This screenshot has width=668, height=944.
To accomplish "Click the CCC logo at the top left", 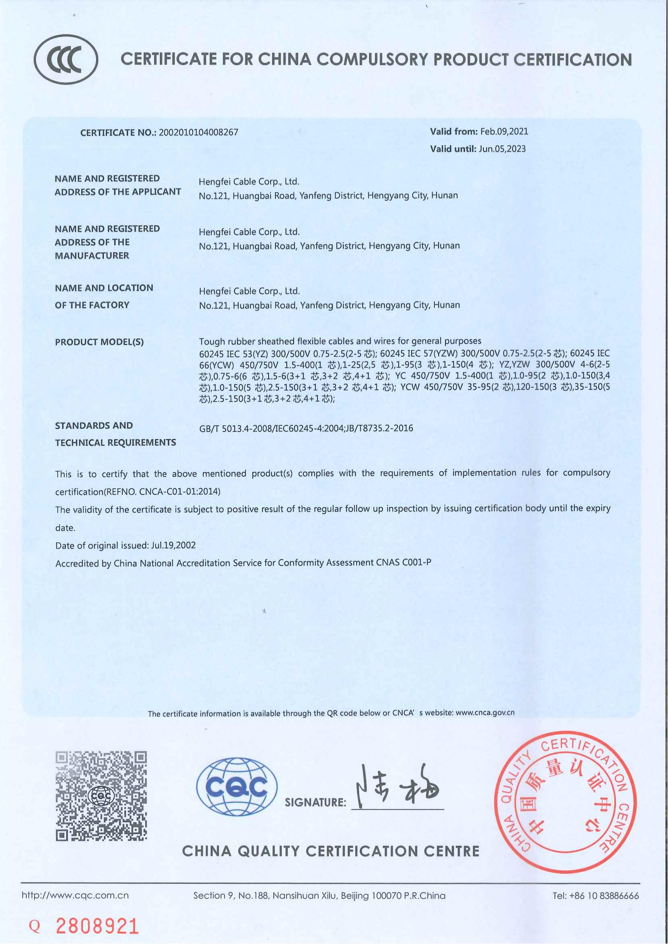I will coord(66,60).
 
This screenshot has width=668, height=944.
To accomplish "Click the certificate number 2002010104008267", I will coord(198,133).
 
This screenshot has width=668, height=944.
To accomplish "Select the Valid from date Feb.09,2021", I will coord(504,132).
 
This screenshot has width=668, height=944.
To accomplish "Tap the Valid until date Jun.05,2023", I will coord(502,149).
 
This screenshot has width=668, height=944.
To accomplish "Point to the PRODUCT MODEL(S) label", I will coord(99,342).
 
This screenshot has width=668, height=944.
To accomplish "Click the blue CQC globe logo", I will coord(237,787).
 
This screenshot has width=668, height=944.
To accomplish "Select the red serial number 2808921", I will coord(97,926).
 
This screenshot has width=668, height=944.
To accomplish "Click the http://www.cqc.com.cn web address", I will coord(75,896).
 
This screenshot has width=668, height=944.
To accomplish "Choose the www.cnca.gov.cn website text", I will coord(485,713).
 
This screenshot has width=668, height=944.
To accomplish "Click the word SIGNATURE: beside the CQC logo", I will coord(315,802).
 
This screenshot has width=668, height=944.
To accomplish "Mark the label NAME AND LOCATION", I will coord(104,288).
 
